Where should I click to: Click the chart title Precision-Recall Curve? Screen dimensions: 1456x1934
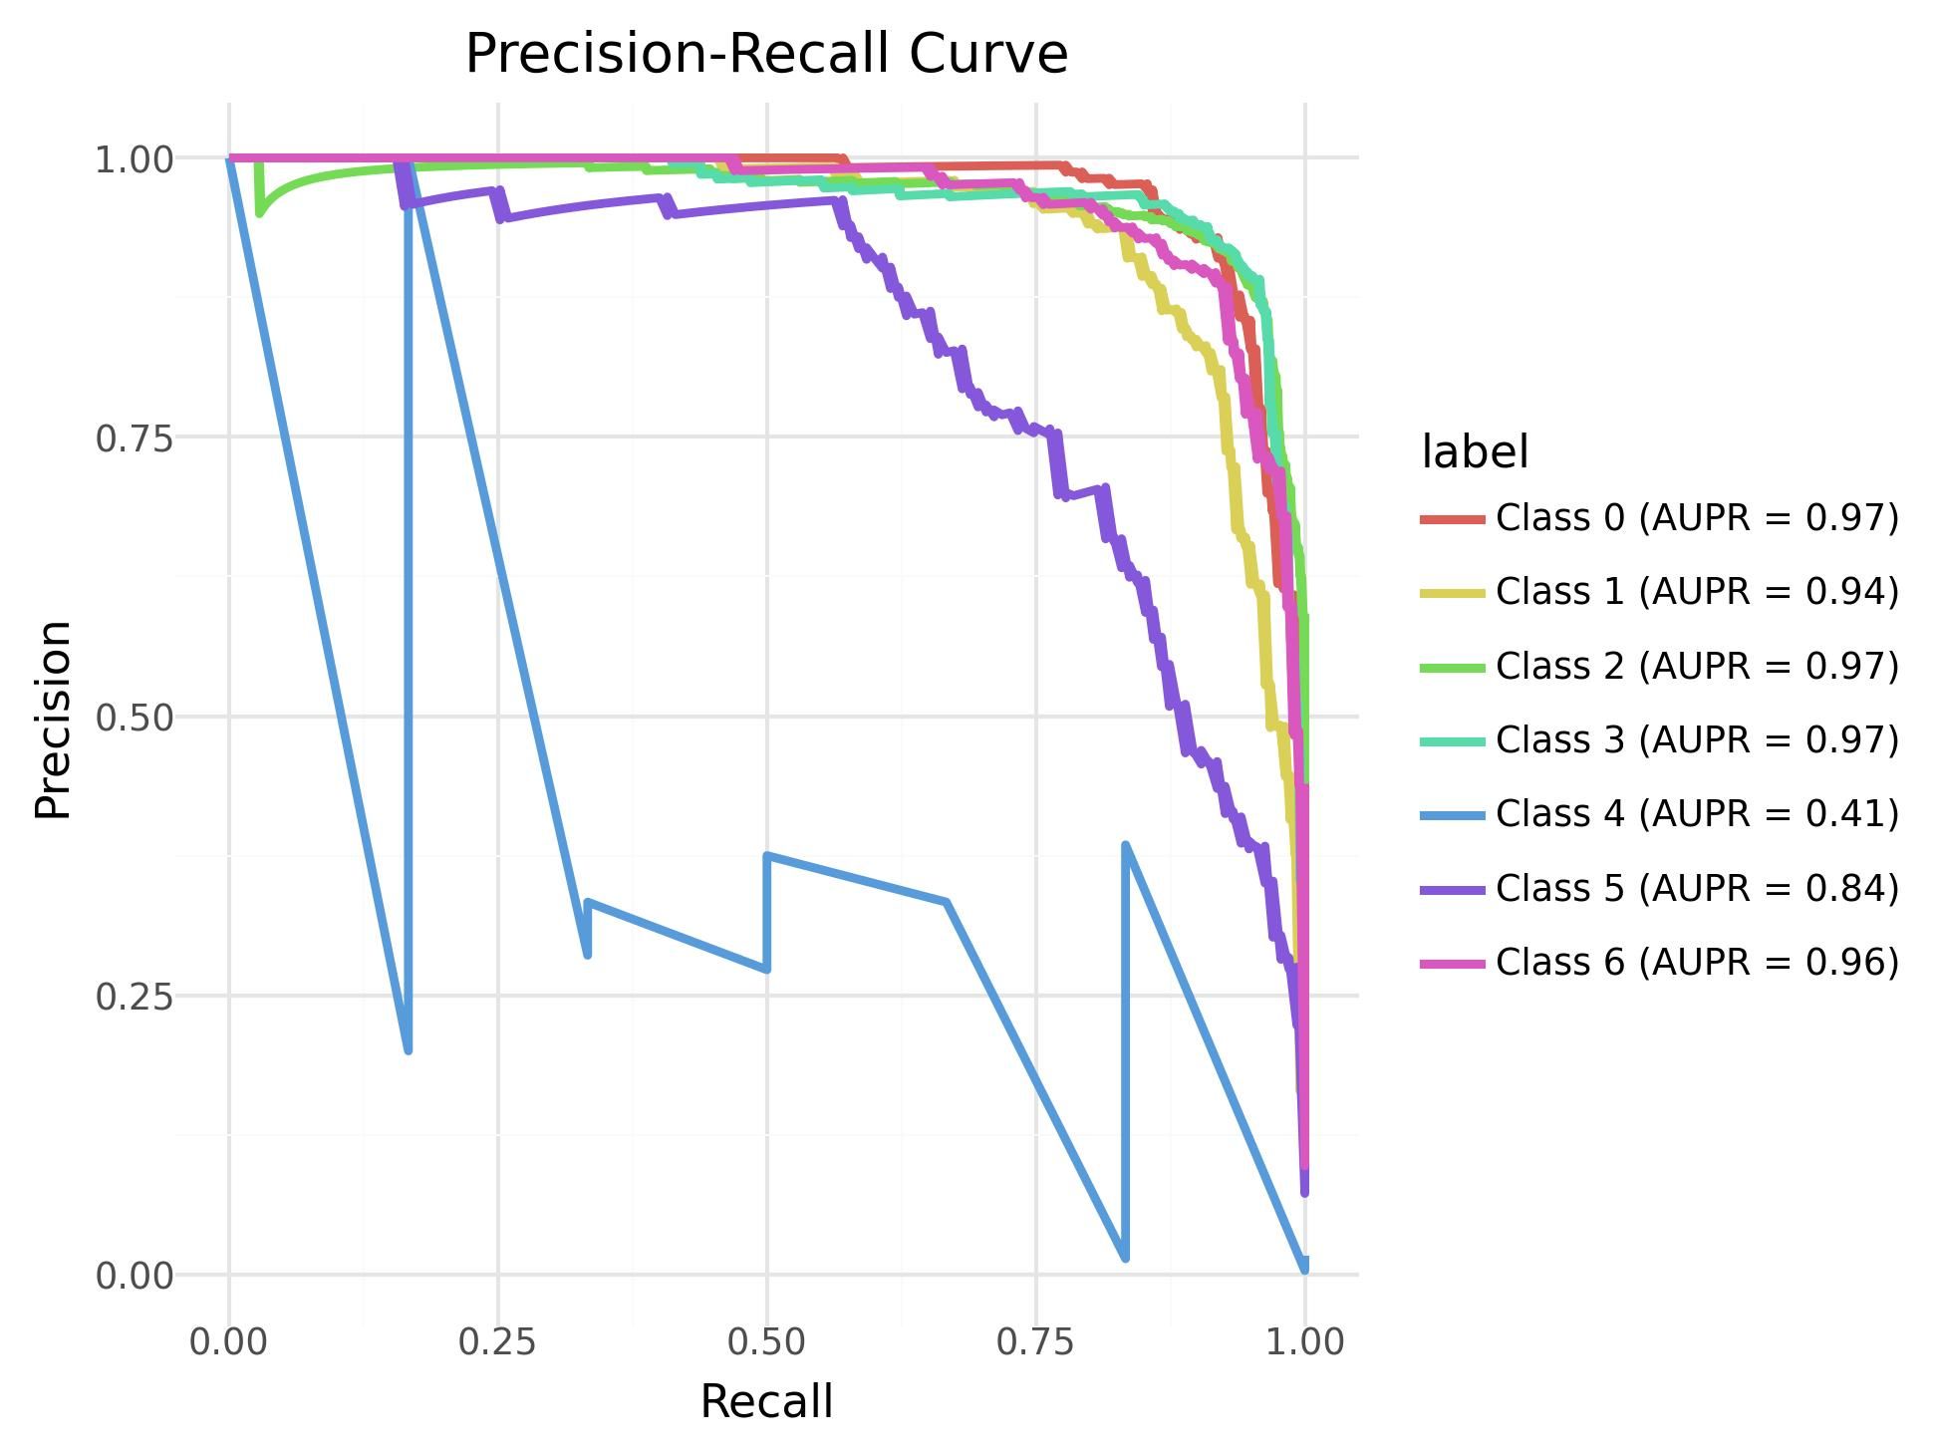(x=766, y=54)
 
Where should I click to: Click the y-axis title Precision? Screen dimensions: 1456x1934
(x=53, y=718)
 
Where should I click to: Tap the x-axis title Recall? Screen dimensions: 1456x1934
(x=766, y=1401)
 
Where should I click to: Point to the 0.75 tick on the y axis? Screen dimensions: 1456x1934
(x=134, y=437)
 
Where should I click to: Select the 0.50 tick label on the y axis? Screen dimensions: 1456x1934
(x=134, y=717)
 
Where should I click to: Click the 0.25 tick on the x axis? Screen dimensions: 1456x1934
(x=497, y=1341)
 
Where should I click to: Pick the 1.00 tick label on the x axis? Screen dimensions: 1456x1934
(x=1304, y=1341)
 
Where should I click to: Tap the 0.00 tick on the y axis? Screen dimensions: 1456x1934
(x=134, y=1275)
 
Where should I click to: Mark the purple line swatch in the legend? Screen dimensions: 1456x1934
(x=1453, y=888)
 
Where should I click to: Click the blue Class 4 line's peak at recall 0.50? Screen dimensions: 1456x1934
(x=767, y=856)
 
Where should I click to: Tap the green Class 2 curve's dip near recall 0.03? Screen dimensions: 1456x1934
(x=259, y=212)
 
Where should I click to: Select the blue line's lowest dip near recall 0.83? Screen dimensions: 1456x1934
(x=1125, y=1258)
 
